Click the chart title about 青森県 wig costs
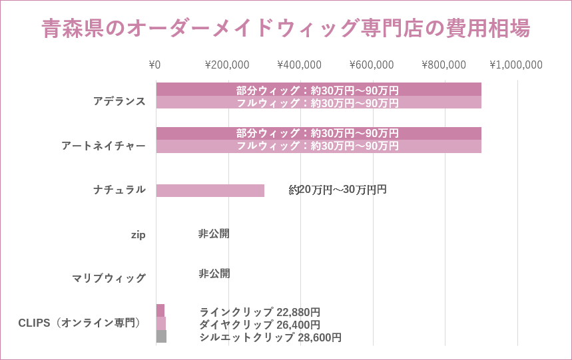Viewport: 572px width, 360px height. coord(286,29)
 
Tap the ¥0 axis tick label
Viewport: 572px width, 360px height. coord(154,65)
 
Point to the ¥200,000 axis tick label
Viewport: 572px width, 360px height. coord(227,65)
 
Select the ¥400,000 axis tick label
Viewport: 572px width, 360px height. coord(299,65)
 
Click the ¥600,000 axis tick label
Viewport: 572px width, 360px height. coord(372,65)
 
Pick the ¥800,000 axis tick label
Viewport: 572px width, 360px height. coord(443,65)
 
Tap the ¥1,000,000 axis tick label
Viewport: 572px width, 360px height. coord(516,65)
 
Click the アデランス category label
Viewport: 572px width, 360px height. coord(119,101)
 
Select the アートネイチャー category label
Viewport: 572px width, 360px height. coord(103,146)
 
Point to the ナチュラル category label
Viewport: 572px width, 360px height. coord(119,190)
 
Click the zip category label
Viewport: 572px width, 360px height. coord(138,234)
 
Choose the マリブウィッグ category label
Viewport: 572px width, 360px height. coord(109,278)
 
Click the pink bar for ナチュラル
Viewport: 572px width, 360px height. coord(210,190)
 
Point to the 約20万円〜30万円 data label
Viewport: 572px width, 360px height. coord(338,190)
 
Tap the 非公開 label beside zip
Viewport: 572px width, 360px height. coord(214,234)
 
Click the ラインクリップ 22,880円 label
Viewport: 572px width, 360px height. coord(260,312)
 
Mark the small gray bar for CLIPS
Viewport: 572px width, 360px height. coord(161,336)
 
